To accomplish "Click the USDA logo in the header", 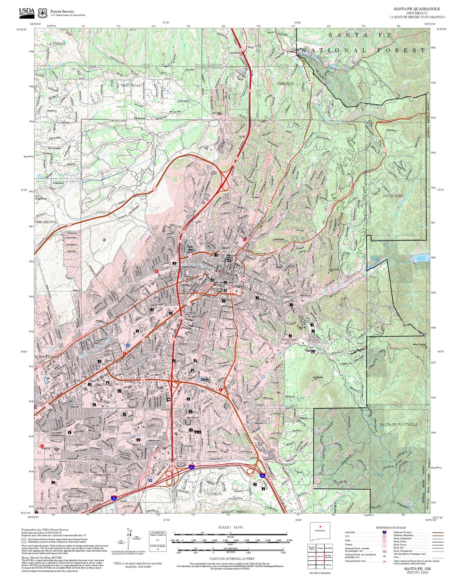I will (27, 12).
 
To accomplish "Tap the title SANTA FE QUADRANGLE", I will (417, 9).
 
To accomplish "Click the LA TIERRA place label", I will (56, 44).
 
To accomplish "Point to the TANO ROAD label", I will (131, 85).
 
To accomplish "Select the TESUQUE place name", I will (285, 84).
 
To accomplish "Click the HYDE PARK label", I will (393, 196).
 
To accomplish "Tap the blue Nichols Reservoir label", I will (422, 258).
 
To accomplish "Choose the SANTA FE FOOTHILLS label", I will (399, 424).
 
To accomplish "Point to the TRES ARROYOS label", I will (45, 222).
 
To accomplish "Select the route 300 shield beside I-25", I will (270, 480).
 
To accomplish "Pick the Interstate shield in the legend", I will (384, 532).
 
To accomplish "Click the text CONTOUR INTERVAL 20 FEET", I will (232, 559).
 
